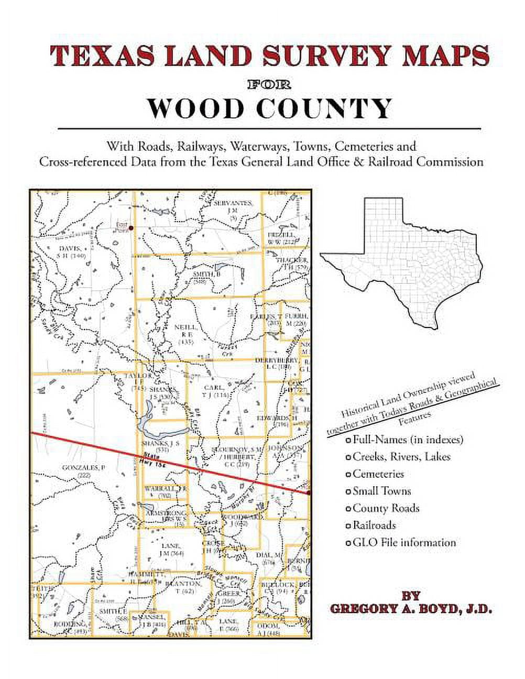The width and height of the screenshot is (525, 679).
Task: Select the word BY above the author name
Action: [410, 596]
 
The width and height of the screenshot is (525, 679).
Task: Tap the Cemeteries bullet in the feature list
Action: [378, 474]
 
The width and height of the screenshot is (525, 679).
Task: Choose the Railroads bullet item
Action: [374, 525]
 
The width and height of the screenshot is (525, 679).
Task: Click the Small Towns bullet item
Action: [381, 491]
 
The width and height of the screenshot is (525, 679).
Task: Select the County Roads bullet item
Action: [386, 508]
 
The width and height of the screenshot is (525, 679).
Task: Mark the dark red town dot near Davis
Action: [131, 228]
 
